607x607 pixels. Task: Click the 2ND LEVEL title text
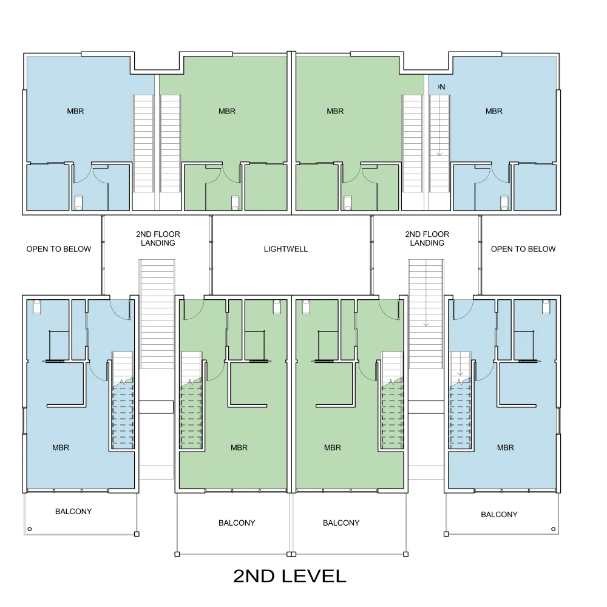tap(290, 576)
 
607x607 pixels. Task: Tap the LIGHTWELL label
tap(286, 249)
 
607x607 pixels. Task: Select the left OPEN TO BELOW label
tap(59, 249)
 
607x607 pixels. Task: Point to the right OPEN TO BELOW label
tap(523, 249)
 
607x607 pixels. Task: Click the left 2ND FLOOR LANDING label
tap(158, 239)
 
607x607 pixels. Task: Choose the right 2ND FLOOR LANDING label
tap(427, 239)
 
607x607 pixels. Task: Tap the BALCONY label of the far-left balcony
tap(73, 512)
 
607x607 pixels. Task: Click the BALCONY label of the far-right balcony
tap(500, 515)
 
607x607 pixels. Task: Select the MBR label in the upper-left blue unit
tap(75, 112)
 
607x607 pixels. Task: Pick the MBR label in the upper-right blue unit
tap(494, 112)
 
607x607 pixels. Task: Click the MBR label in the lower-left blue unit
tap(61, 448)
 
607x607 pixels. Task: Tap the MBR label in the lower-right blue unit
tap(506, 448)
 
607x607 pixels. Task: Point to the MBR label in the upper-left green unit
tap(227, 112)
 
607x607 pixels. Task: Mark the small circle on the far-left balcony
tap(30, 529)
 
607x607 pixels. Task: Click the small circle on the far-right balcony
tap(553, 529)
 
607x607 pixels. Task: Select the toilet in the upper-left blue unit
tap(78, 203)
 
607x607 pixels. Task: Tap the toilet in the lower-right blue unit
tap(546, 307)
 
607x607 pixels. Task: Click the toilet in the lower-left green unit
tap(277, 307)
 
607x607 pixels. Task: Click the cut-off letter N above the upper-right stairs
tap(442, 87)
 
